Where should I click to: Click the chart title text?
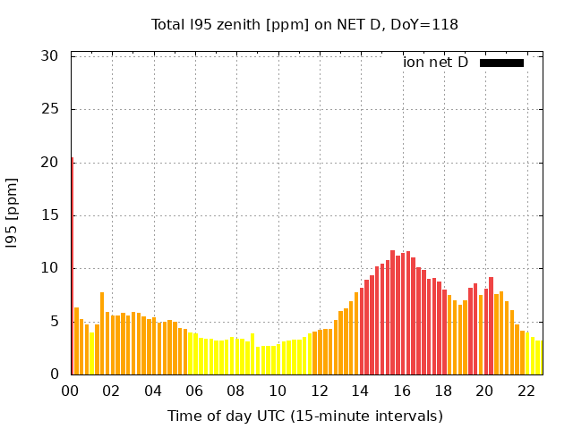click(x=304, y=25)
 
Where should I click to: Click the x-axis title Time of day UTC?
click(x=304, y=416)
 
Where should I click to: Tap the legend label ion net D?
click(x=435, y=63)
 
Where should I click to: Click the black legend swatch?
click(x=501, y=63)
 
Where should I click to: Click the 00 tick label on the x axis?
click(x=71, y=391)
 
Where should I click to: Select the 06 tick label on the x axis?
click(x=194, y=391)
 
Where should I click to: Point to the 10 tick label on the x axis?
click(x=278, y=391)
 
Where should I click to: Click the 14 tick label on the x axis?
click(x=360, y=391)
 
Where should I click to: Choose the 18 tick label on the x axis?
click(x=442, y=391)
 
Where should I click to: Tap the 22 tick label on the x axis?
click(x=526, y=391)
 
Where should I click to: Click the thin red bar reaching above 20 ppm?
click(x=73, y=268)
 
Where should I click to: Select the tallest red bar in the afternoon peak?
click(x=392, y=313)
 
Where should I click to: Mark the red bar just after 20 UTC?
click(x=491, y=326)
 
